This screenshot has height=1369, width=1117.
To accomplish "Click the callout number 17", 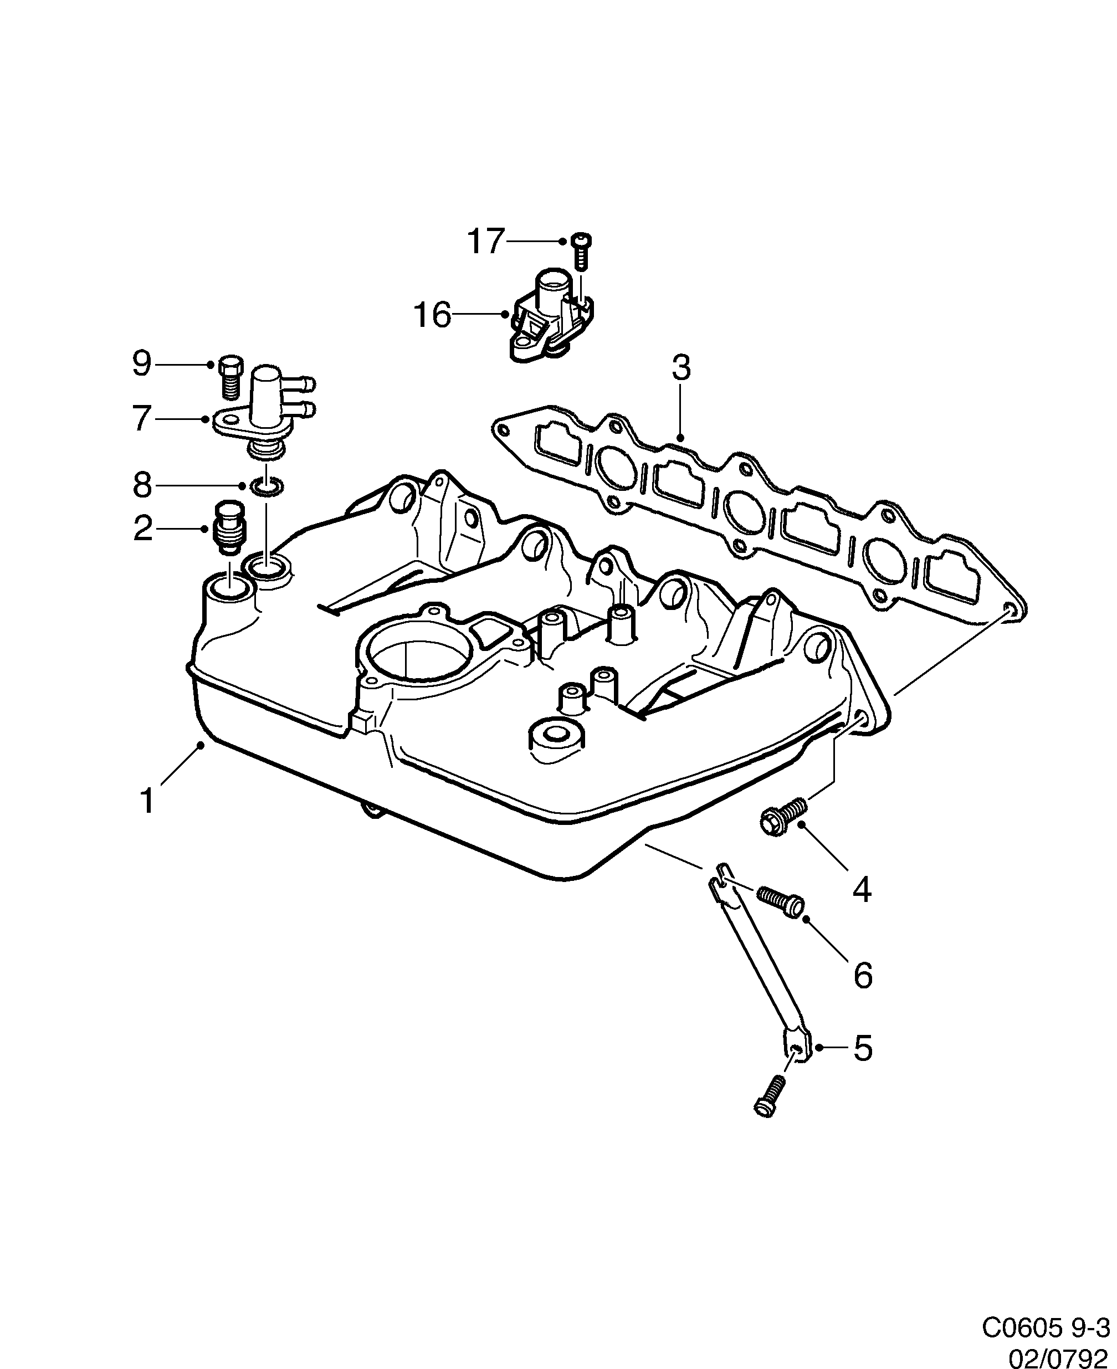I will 484,242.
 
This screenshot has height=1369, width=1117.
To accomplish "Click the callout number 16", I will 432,315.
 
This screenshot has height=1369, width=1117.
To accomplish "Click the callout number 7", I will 141,419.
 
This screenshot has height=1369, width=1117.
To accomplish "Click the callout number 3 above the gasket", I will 681,368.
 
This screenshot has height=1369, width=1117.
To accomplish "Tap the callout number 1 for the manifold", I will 147,802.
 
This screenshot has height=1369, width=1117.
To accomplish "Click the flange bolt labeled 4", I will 781,814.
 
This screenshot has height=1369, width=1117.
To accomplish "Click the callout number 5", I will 862,1049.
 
